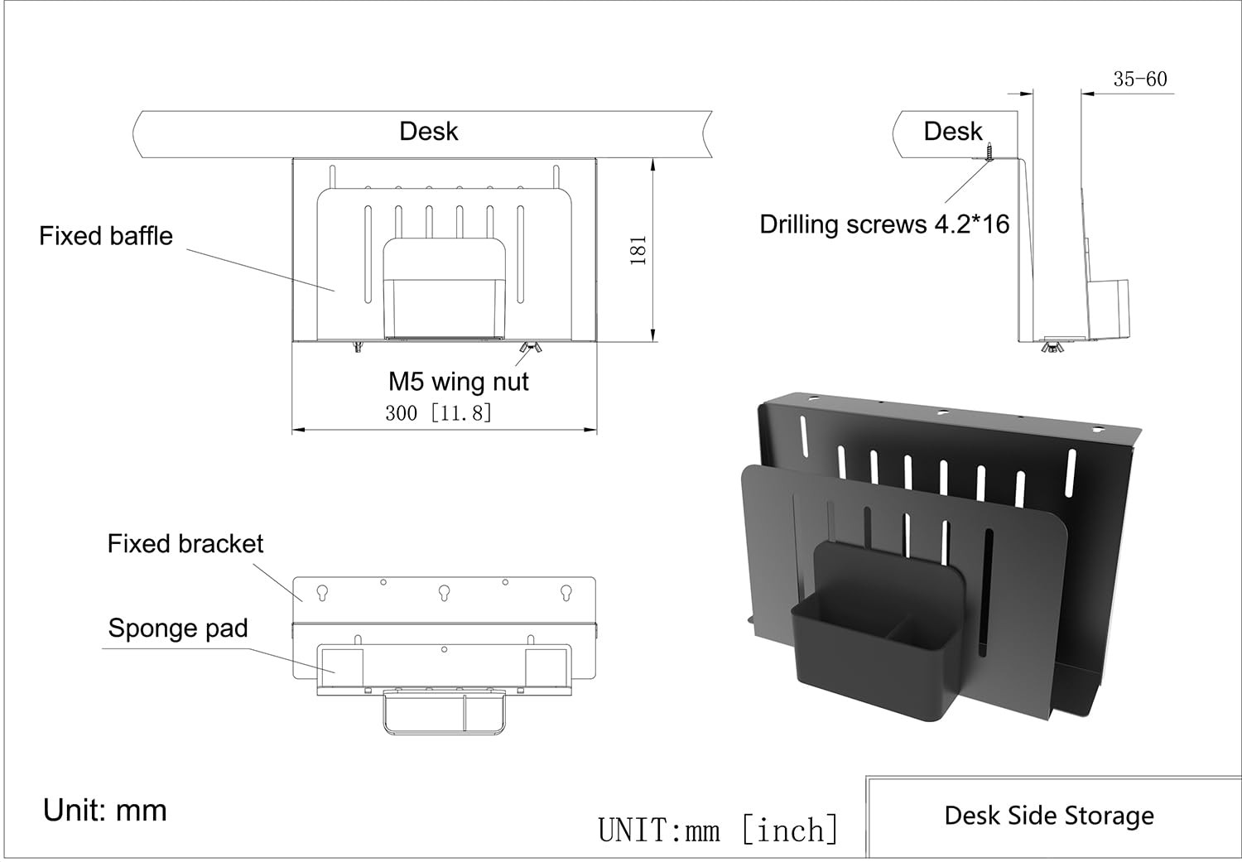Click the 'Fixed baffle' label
tap(106, 236)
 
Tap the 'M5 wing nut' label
tap(458, 382)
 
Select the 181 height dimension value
tap(638, 250)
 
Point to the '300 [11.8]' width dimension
tap(438, 412)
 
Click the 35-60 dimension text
tap(1139, 79)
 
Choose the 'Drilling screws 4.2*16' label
tap(884, 224)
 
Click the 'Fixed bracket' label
tap(185, 544)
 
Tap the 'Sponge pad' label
tap(178, 628)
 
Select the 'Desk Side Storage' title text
tap(1049, 816)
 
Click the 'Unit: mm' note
tap(105, 810)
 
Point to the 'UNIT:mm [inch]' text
tap(718, 830)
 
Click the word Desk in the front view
tap(428, 131)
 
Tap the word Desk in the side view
tap(952, 131)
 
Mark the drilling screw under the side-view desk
tap(991, 152)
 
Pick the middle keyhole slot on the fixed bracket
tap(445, 593)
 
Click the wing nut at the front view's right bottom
tap(531, 347)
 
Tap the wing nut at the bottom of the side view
tap(1052, 346)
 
